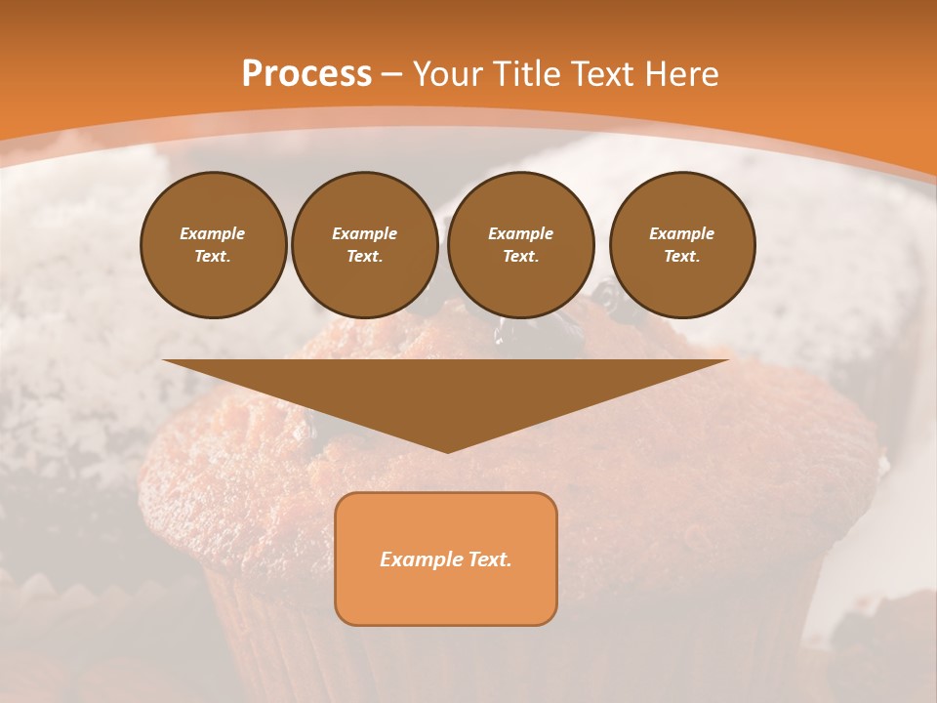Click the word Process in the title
(306, 74)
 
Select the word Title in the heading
(530, 74)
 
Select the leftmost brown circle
(214, 245)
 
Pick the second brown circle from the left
(365, 245)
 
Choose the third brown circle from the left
(521, 245)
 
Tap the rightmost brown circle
(682, 245)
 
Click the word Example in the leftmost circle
(213, 233)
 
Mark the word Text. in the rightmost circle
(682, 257)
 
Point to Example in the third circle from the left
(520, 233)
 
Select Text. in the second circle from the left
(365, 257)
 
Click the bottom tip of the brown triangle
(447, 450)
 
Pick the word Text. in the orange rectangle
(490, 559)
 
